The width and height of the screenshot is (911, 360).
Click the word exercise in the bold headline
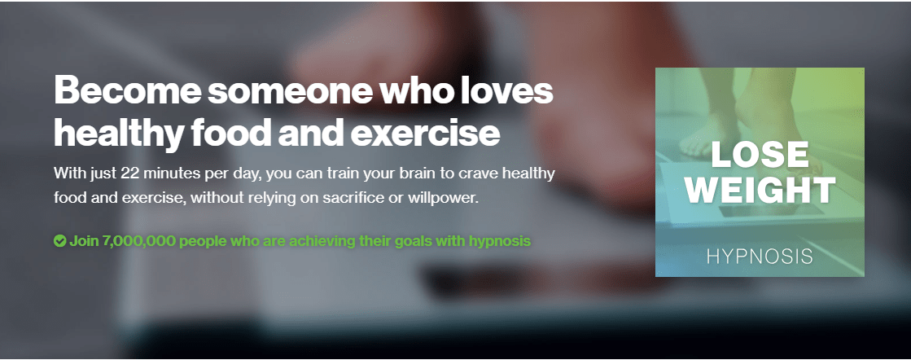point(425,133)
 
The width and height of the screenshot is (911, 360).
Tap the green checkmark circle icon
point(60,241)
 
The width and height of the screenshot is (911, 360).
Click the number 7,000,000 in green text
point(138,241)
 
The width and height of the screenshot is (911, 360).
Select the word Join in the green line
point(84,241)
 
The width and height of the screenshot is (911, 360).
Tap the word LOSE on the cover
point(760,155)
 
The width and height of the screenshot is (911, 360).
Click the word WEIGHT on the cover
point(760,190)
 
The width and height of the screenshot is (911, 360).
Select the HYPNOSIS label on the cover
point(760,257)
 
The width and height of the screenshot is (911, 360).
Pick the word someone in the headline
point(290,90)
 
